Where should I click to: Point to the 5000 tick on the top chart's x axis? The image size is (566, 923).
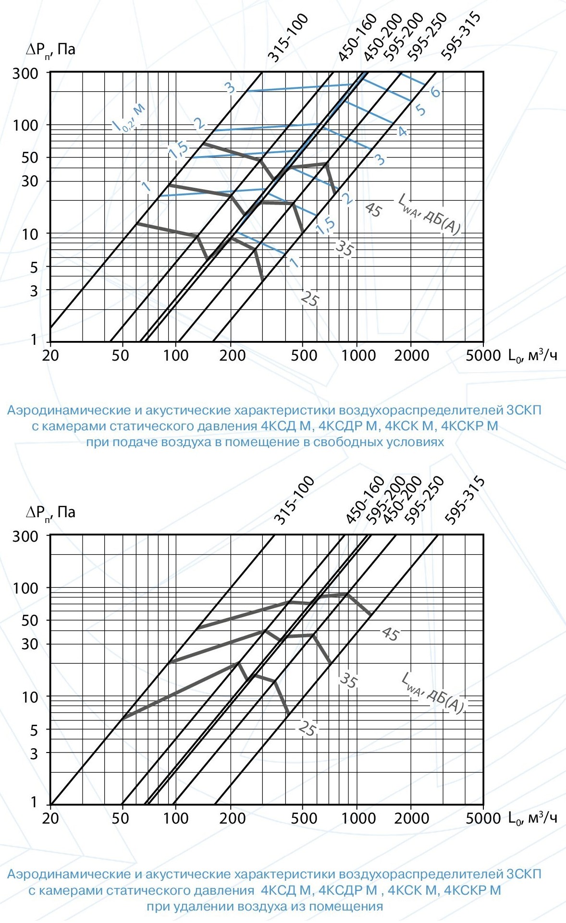point(482,355)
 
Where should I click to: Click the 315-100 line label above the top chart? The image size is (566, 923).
point(287,38)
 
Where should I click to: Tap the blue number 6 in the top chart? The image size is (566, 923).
point(435,91)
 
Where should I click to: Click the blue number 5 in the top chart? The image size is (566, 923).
point(420,110)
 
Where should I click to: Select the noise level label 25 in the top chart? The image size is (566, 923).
point(310,299)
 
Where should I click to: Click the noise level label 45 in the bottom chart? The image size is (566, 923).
point(390,634)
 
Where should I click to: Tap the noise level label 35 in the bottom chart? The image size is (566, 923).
point(348,680)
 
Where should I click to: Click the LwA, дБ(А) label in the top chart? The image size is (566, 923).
point(429,215)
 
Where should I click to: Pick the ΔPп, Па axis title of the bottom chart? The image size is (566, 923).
point(50,512)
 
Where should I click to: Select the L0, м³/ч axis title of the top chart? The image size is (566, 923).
point(532,355)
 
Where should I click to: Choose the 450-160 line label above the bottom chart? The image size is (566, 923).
point(365,499)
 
